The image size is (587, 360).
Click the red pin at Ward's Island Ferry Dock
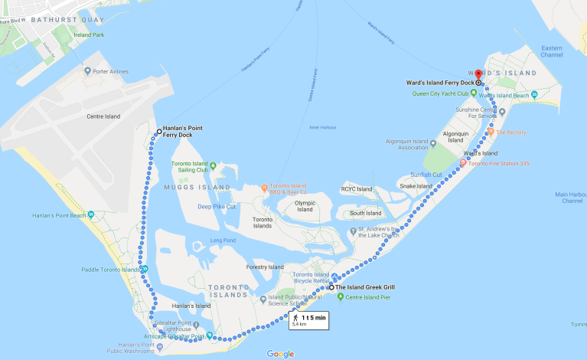coord(479,74)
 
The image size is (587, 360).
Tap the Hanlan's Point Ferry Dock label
coord(178,132)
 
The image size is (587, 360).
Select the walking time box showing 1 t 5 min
coord(308,319)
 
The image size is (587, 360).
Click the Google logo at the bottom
coord(281,353)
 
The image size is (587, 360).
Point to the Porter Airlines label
coord(109,72)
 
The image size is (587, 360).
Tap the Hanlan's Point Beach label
coord(55,214)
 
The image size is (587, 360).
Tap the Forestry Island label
coord(264,267)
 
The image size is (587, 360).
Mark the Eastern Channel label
coord(552,51)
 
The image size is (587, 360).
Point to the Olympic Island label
coord(305,206)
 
